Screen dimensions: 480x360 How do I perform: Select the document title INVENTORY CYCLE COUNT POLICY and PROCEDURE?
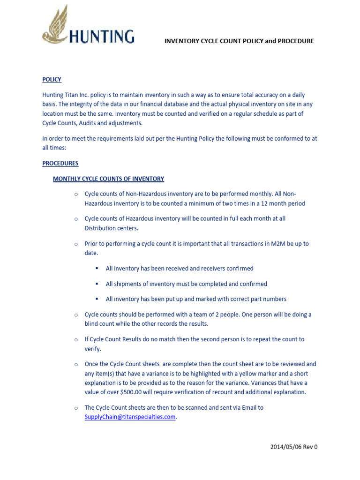(x=239, y=41)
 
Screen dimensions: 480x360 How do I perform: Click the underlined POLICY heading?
(x=52, y=80)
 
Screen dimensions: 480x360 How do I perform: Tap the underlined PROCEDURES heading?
(x=60, y=164)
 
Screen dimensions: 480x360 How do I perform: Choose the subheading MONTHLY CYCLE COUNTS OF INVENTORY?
(x=108, y=179)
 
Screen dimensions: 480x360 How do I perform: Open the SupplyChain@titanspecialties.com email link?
(x=130, y=417)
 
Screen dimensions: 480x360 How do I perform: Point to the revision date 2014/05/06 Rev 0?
(x=294, y=447)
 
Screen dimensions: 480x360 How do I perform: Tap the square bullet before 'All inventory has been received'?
(x=97, y=269)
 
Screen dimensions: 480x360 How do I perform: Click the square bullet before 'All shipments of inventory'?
(x=97, y=284)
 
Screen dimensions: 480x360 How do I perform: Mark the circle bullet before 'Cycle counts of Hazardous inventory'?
(x=75, y=219)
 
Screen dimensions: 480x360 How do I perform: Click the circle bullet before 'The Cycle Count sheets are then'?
(x=75, y=408)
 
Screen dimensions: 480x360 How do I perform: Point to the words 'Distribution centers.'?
(x=112, y=228)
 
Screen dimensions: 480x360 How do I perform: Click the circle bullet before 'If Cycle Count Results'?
(x=75, y=339)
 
